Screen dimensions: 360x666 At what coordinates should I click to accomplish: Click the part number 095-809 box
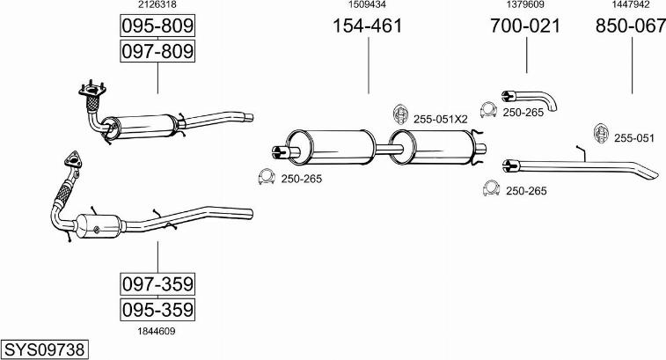click(157, 26)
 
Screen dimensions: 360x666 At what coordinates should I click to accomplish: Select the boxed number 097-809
click(157, 51)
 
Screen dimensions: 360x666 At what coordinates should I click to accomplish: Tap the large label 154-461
click(367, 26)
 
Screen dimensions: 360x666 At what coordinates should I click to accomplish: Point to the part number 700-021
click(524, 26)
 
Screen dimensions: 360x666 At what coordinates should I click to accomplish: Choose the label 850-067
click(630, 26)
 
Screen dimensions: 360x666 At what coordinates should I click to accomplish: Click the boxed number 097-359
click(157, 284)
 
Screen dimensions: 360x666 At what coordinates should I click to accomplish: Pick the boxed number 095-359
click(157, 310)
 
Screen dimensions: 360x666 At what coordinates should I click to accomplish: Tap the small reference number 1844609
click(157, 331)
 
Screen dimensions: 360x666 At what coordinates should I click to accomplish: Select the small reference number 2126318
click(157, 5)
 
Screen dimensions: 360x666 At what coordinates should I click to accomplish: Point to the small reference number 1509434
click(367, 5)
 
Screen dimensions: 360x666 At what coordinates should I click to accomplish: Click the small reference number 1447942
click(630, 5)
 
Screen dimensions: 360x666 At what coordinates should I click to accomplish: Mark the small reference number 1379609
click(524, 5)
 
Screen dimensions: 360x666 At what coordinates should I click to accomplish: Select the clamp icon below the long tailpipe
click(492, 188)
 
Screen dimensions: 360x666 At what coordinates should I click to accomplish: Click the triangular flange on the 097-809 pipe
click(91, 88)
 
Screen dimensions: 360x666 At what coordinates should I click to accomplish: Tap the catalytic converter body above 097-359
click(99, 225)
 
